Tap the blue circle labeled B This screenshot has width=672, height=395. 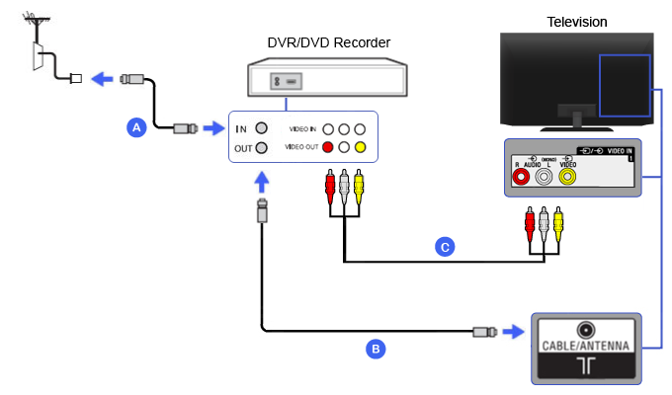(x=375, y=348)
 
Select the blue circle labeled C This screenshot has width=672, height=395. (x=446, y=247)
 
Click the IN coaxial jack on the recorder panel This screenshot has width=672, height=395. (x=261, y=128)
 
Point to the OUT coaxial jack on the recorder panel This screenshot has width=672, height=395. (x=261, y=148)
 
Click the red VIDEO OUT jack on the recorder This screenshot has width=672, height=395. (x=327, y=148)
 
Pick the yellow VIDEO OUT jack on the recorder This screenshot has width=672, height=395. (x=360, y=148)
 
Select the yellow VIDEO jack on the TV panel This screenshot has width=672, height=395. (x=567, y=178)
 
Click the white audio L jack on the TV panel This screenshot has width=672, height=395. (x=544, y=178)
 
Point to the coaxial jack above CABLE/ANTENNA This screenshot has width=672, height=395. (x=586, y=329)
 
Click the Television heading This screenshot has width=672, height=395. (x=576, y=21)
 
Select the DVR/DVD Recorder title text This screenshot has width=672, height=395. (x=328, y=41)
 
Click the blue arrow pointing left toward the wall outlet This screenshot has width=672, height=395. (x=100, y=79)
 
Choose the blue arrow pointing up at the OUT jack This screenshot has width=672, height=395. (x=261, y=181)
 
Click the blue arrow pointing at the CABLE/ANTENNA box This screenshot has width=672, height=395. (x=512, y=332)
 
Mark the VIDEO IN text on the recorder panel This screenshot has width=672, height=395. (x=302, y=129)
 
